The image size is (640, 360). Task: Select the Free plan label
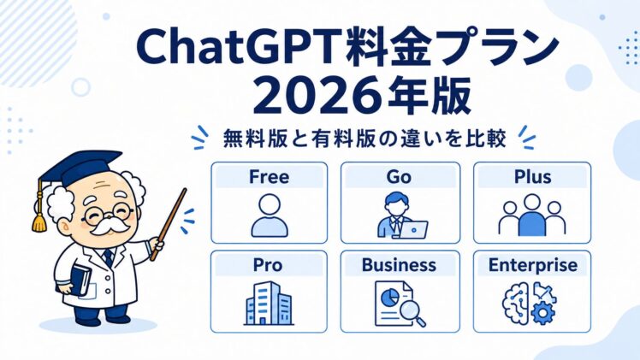coord(269,177)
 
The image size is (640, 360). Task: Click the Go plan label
coord(399,177)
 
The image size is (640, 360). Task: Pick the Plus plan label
coord(532,177)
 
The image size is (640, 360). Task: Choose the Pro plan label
coord(267,265)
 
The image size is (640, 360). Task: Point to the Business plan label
coord(399,265)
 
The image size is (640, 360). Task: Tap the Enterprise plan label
coord(533,265)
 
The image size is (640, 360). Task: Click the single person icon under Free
coord(270,215)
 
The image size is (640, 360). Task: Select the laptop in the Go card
coord(413,229)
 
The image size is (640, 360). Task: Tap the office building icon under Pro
coord(269,304)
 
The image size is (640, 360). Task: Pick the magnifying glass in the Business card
coord(412,312)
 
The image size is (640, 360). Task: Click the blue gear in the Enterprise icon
coord(542,314)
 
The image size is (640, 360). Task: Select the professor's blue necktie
coord(108,257)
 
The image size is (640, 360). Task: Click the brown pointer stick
coord(169,224)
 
